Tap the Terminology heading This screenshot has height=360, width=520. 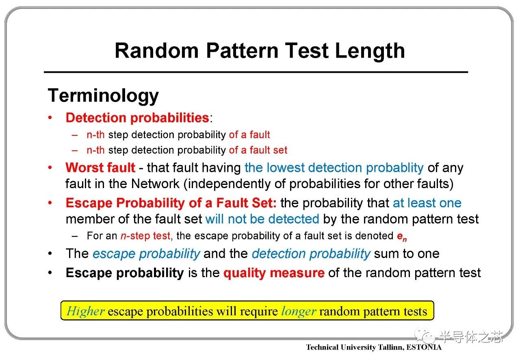pos(103,96)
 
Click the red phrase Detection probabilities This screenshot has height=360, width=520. pos(137,117)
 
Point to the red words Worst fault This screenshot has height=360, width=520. pos(100,167)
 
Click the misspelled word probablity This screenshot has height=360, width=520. pos(394,168)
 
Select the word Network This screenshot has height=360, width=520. pos(155,184)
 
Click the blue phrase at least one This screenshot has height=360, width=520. pos(427,203)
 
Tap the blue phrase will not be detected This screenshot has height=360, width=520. pos(262,219)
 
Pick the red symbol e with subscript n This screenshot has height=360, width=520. pos(402,236)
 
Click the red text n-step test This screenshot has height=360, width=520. pos(145,236)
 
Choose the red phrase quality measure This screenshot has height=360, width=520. pos(274,273)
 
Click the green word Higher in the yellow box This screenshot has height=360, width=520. pos(85,311)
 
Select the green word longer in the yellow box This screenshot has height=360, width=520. pos(299,312)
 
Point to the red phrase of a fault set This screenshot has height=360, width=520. pos(258,150)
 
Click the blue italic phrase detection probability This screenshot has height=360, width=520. pos(311,254)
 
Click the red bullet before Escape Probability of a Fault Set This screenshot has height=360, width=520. pos(50,203)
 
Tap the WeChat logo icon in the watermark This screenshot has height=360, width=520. pos(425,336)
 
